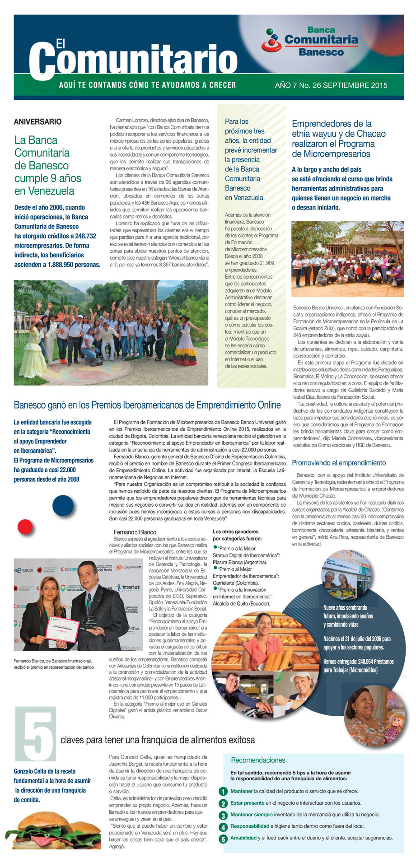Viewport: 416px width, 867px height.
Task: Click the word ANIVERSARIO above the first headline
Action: coord(37,122)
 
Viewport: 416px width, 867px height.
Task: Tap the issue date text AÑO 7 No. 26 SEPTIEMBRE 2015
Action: coord(331,85)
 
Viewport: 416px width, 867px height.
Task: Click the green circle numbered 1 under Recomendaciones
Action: coord(223,792)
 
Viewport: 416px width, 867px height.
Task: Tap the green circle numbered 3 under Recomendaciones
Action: coord(223,815)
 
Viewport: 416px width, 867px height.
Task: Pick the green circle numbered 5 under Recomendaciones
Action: coord(223,839)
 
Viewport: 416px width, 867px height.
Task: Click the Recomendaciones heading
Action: coord(258,760)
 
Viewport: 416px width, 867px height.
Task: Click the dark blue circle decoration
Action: coord(63,505)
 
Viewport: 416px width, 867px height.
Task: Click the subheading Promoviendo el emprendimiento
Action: coord(339,463)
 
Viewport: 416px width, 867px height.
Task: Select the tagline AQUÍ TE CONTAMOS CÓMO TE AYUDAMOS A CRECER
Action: coord(147,85)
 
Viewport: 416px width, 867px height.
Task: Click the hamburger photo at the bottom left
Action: coord(54,829)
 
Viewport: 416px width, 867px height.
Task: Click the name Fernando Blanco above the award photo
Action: coord(135,532)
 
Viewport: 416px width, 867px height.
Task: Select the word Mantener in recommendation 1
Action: coord(241,792)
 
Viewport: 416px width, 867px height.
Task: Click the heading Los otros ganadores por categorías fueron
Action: coord(237,535)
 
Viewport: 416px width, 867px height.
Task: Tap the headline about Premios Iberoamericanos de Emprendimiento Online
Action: coord(147,405)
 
